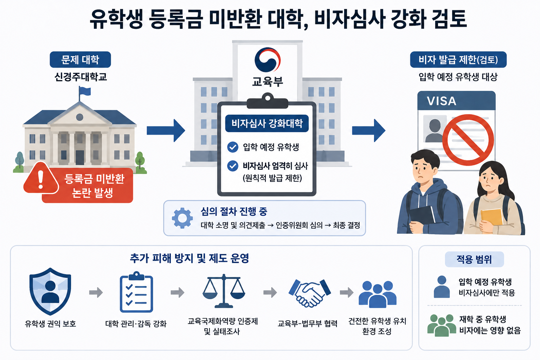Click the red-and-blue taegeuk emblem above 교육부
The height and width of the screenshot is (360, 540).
tap(267, 60)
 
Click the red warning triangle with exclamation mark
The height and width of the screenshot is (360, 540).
tap(41, 179)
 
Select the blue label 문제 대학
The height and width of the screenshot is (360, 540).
tap(80, 59)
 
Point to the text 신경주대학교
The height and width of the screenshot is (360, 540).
tap(81, 77)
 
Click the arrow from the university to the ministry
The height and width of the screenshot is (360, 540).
tap(166, 130)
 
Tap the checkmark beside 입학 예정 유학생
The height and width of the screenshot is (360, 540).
tap(233, 147)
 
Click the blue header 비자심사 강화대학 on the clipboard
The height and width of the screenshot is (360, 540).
tap(267, 123)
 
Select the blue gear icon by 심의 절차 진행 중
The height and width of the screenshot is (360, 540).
tap(182, 218)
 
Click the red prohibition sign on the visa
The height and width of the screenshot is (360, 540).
tap(468, 140)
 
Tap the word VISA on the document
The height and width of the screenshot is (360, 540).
tap(442, 101)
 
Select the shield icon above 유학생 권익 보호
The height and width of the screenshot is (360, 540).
tap(50, 291)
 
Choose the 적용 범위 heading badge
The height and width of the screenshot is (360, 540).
tap(474, 259)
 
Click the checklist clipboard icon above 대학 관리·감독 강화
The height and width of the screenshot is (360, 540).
tap(136, 292)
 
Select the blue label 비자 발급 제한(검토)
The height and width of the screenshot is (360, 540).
tap(458, 59)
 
